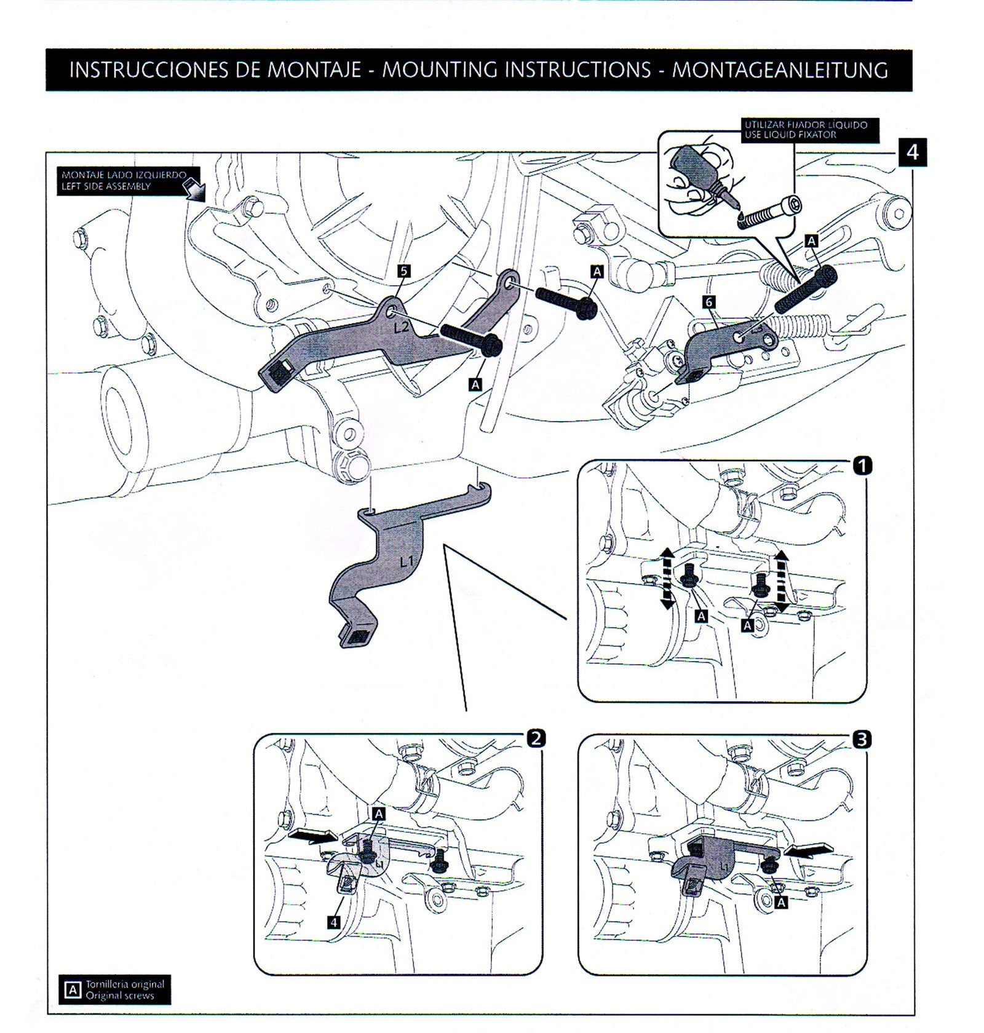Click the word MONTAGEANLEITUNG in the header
(779, 70)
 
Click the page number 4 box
(912, 152)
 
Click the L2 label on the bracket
(401, 328)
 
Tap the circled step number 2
(536, 738)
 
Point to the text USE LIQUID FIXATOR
(790, 135)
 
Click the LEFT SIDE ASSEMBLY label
(105, 186)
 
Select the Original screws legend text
(120, 995)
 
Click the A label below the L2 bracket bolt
(475, 384)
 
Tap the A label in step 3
(781, 902)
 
